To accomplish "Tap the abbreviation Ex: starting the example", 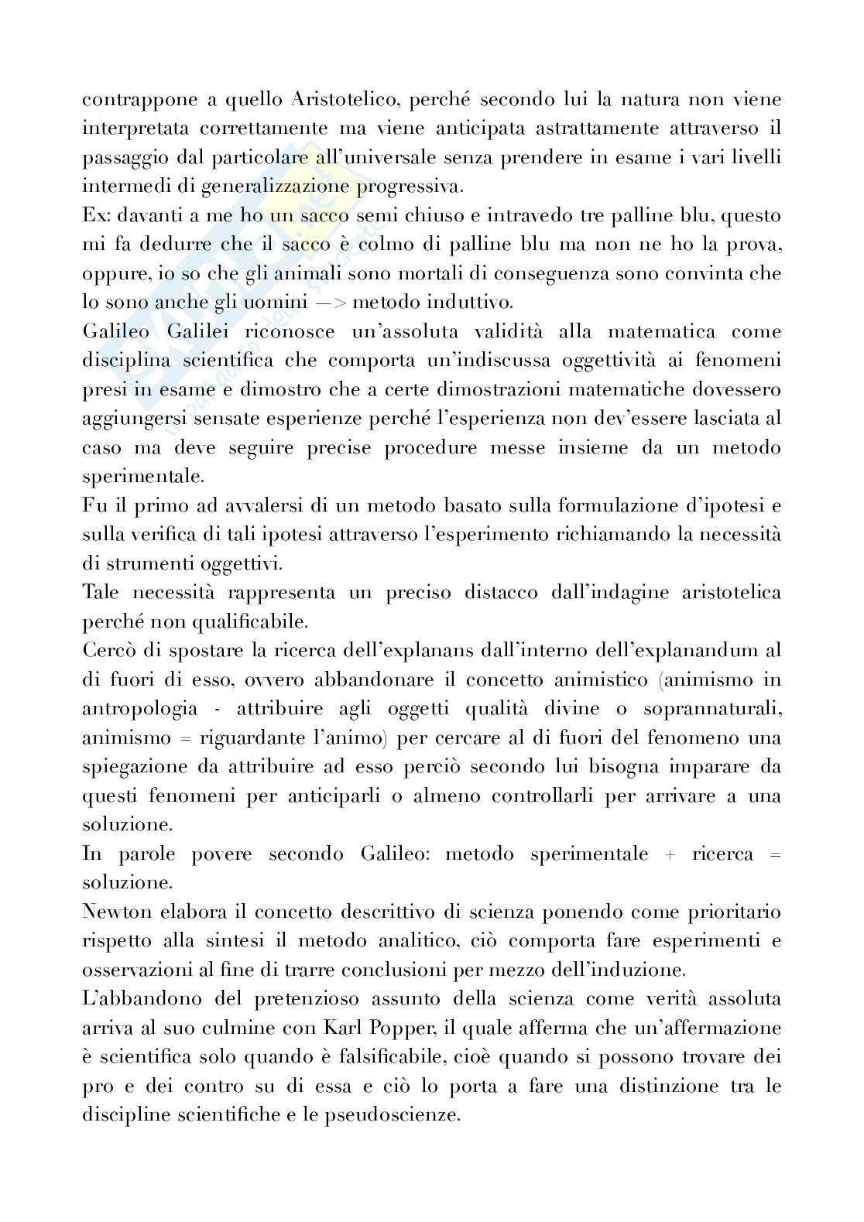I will coord(95,216).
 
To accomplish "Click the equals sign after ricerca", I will coord(775,855).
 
